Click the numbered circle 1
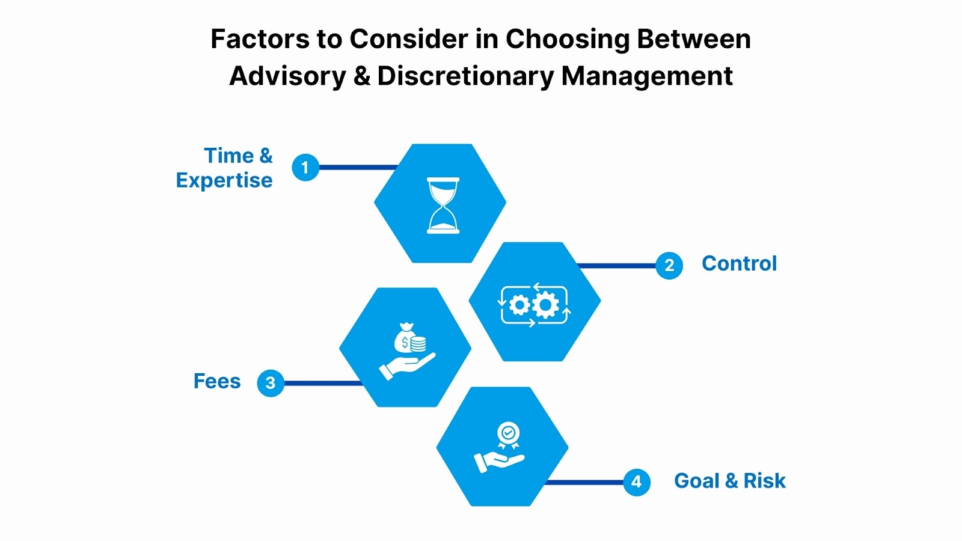(305, 167)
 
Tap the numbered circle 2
(669, 266)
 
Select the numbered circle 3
(271, 383)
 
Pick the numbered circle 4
(637, 482)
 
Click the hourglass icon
(443, 205)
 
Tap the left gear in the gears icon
(519, 305)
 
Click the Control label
(739, 264)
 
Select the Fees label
(217, 381)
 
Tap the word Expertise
(224, 180)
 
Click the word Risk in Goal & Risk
(764, 481)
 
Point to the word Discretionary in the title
(466, 76)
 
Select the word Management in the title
(647, 76)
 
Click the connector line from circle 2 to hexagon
(616, 266)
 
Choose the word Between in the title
(694, 40)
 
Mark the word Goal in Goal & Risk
(696, 481)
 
